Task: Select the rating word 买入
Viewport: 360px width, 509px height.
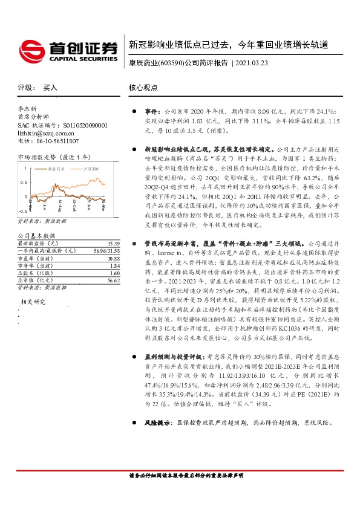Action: [x=50, y=88]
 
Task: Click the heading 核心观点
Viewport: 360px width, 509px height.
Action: [x=143, y=88]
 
